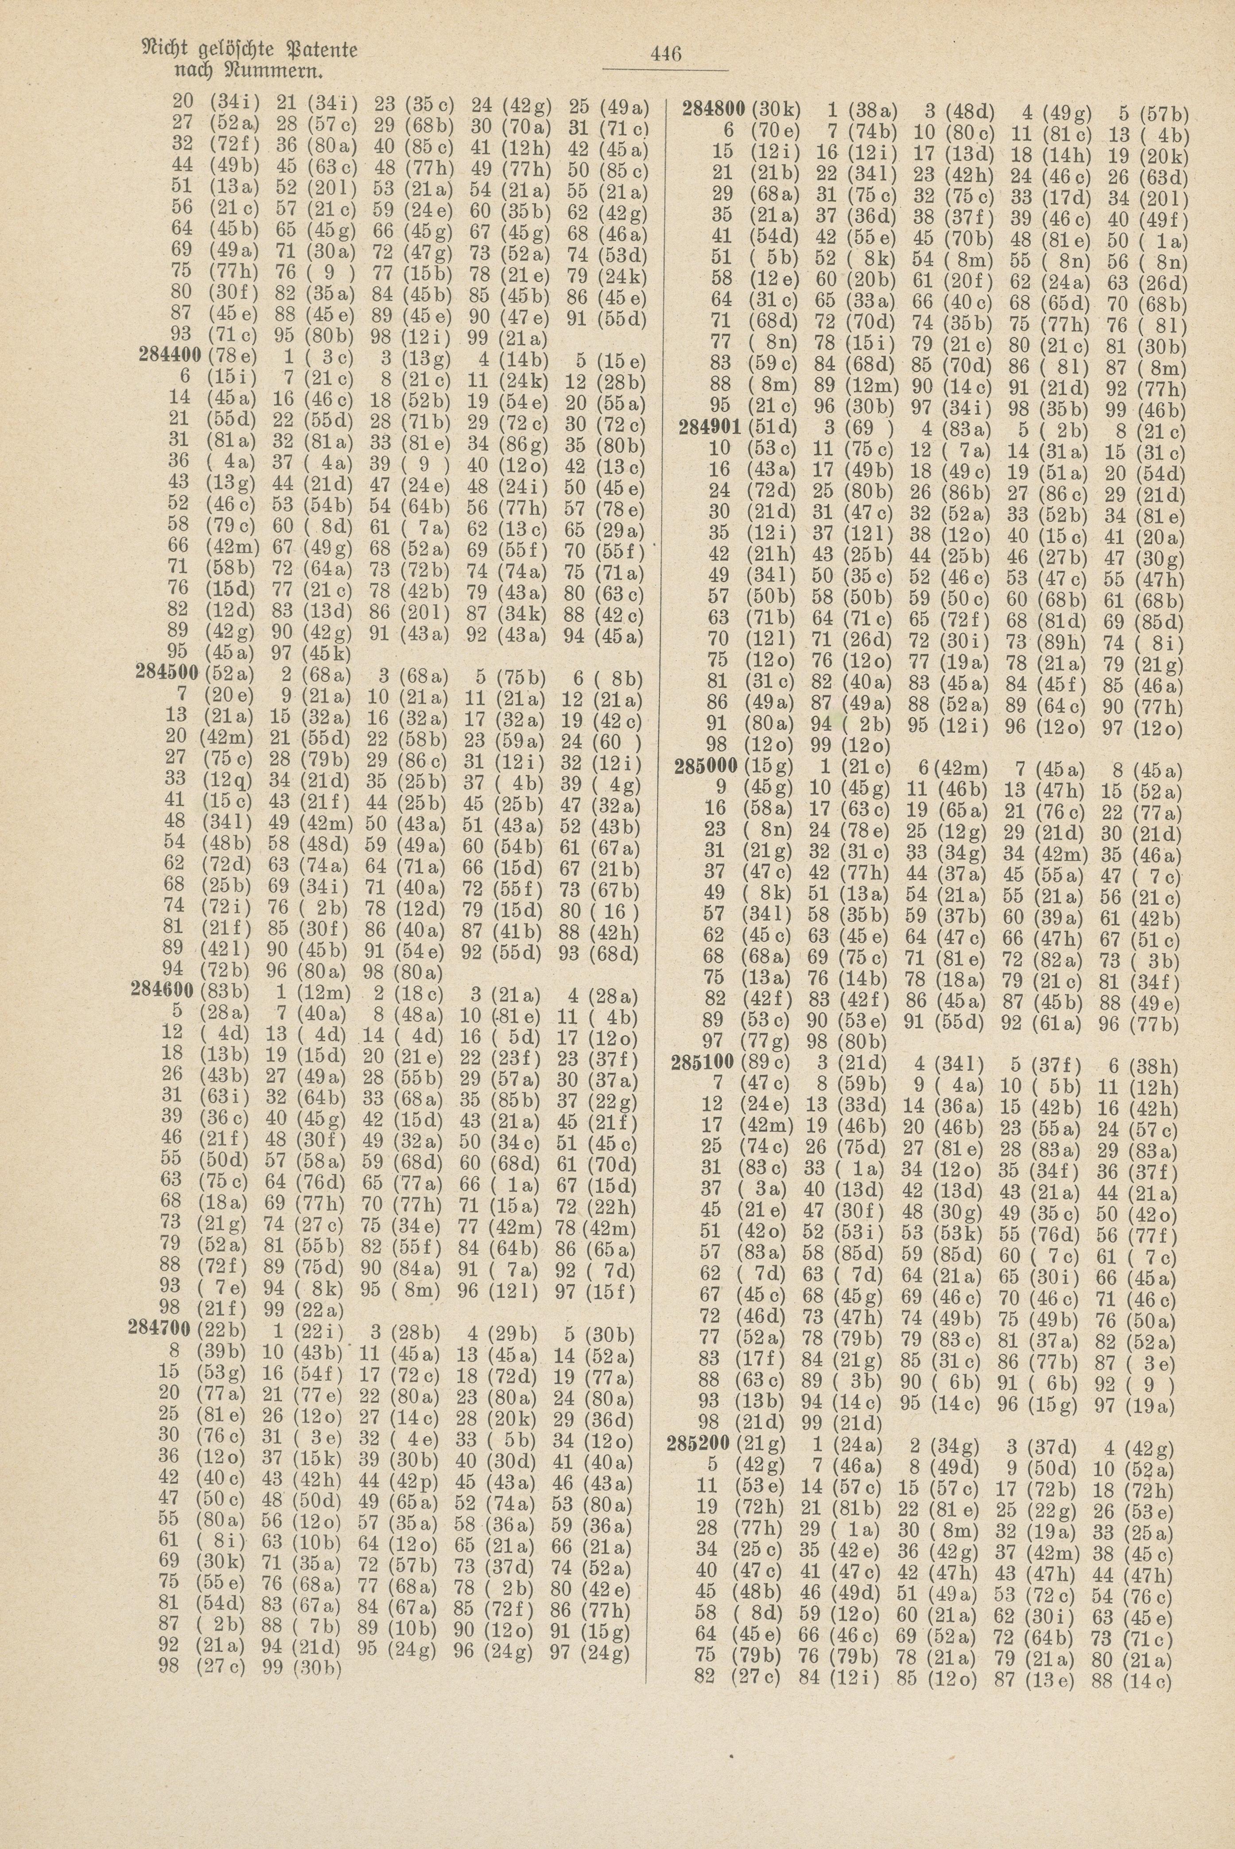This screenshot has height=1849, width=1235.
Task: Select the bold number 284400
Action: [169, 356]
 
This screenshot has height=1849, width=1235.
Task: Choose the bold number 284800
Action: [715, 110]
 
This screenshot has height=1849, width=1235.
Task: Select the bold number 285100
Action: [703, 1066]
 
